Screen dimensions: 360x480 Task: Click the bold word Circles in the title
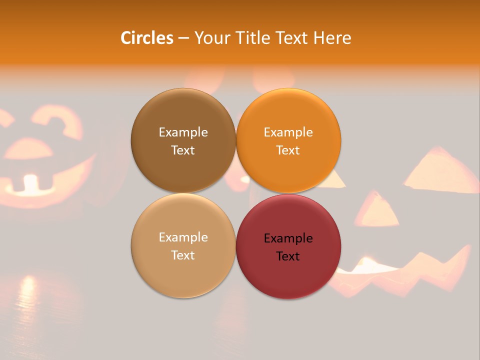[x=146, y=38]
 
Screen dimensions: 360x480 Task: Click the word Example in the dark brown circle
[x=183, y=132]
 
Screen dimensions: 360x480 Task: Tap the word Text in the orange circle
[x=288, y=150]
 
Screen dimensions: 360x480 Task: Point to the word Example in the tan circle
[x=183, y=237]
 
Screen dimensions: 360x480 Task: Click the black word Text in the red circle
[x=288, y=256]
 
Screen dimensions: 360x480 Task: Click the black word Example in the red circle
[x=288, y=238]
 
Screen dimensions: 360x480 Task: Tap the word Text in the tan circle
[x=183, y=255]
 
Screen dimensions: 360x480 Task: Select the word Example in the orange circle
[x=288, y=132]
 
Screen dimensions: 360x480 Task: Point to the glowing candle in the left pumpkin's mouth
[x=31, y=183]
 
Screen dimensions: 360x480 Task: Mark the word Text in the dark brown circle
[x=183, y=150]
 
